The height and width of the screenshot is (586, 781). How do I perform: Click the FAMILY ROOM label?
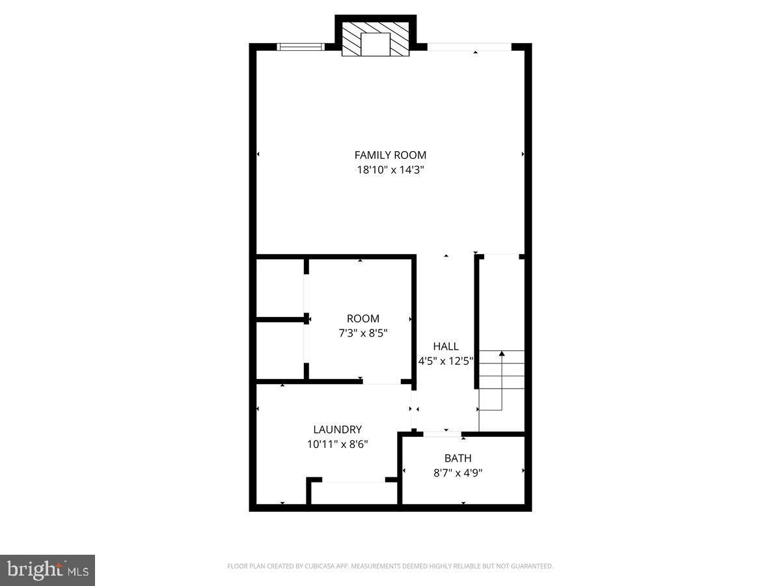[390, 155]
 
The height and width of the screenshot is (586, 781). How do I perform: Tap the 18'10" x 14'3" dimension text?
[390, 170]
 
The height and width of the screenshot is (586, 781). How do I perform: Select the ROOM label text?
[363, 318]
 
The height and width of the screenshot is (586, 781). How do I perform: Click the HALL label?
[446, 346]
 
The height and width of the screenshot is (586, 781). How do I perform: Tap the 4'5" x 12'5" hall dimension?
[446, 361]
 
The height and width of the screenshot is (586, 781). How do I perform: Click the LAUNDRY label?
[337, 430]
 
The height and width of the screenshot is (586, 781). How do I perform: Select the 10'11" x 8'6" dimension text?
[337, 445]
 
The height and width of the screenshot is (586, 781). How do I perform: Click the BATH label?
[458, 458]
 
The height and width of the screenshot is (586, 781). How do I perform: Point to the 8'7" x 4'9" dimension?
[458, 473]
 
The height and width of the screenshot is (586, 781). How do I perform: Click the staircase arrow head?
[502, 354]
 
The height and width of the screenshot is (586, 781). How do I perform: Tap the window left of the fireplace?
[300, 46]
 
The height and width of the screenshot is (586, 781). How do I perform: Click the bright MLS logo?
[47, 570]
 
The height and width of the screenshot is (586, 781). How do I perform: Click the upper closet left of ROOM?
[280, 288]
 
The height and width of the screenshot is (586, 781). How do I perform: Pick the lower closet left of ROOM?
[280, 350]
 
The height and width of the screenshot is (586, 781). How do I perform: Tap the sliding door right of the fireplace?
[469, 47]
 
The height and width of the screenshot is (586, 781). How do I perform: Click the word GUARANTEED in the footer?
[533, 566]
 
